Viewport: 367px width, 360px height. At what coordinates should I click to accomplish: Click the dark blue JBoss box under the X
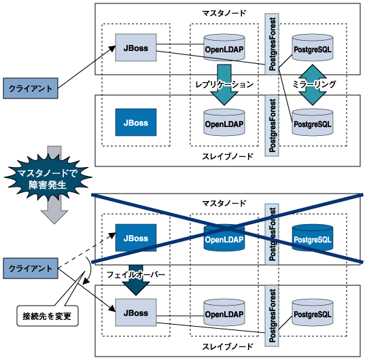pos(136,238)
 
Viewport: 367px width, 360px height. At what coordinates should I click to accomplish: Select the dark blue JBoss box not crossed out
pos(136,122)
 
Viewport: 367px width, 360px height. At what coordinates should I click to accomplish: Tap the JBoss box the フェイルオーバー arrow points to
pos(136,312)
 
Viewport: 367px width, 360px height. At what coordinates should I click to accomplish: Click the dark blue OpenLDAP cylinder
pos(224,238)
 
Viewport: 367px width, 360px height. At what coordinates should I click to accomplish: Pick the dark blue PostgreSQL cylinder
pos(313,238)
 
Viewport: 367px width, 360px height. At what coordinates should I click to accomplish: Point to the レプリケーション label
pos(224,84)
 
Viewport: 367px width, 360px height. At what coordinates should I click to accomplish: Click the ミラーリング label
pos(314,84)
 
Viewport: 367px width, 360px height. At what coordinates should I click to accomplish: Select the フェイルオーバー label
pos(136,274)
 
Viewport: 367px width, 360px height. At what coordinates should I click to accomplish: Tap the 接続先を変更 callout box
pos(48,316)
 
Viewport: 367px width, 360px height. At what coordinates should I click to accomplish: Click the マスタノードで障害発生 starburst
pos(48,179)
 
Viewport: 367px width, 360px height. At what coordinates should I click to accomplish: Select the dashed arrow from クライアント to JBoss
pos(86,250)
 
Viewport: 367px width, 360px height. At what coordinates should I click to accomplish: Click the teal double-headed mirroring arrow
pos(313,85)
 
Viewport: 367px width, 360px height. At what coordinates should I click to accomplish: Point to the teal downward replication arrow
pos(224,85)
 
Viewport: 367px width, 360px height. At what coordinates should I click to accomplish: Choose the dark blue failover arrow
pos(136,281)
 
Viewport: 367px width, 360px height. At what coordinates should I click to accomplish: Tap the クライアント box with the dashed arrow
pos(31,268)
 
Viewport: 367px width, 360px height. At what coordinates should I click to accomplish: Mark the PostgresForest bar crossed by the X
pos(272,234)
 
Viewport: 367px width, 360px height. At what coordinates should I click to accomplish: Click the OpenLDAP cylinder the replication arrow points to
pos(224,122)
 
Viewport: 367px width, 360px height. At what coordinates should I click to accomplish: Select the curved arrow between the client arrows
pos(89,270)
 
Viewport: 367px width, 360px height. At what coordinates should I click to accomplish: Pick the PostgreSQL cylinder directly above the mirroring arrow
pos(313,48)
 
